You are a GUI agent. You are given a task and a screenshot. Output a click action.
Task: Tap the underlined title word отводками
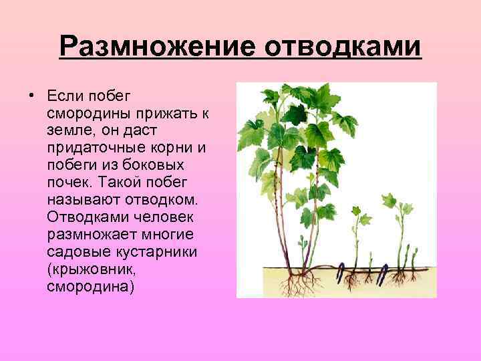pos(344,47)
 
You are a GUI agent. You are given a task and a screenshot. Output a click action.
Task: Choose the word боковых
pos(155,164)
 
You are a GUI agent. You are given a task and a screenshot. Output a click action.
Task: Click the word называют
pos(79,199)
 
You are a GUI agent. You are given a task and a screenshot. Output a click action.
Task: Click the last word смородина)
pos(91,287)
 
